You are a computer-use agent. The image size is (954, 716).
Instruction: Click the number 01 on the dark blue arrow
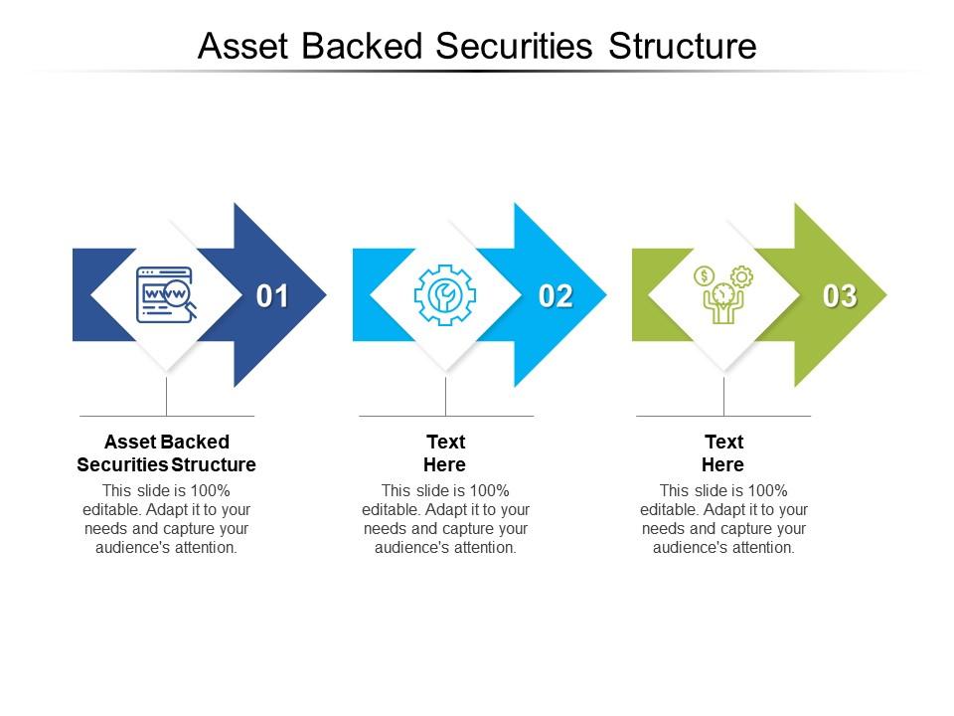pos(272,296)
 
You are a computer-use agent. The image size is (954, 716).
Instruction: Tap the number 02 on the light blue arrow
pos(556,296)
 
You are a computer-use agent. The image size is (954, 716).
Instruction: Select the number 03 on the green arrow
pos(840,296)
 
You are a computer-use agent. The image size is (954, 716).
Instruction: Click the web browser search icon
pos(166,294)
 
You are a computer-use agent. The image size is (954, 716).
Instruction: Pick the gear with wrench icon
pos(445,294)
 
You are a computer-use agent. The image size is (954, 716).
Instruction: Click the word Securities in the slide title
pos(520,46)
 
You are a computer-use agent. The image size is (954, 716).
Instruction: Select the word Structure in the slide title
pos(682,46)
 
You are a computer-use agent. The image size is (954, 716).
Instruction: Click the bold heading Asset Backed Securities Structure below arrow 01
pos(166,452)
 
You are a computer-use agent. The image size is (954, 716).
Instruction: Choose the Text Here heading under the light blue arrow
pos(445,452)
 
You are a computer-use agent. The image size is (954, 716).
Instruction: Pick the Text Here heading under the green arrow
pos(723,452)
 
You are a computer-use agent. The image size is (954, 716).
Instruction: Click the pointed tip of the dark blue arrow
pos(323,294)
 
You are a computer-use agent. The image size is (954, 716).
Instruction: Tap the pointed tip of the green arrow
pos(883,294)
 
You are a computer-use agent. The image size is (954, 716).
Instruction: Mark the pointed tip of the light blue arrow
pos(603,294)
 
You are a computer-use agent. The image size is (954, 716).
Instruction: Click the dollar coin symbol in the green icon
pos(704,275)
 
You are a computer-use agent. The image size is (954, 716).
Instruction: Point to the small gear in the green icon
pos(741,276)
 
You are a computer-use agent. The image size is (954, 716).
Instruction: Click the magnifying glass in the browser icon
pos(180,295)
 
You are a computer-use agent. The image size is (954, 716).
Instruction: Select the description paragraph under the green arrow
pos(723,518)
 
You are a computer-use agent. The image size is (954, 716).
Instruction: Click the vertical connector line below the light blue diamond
pos(445,396)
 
